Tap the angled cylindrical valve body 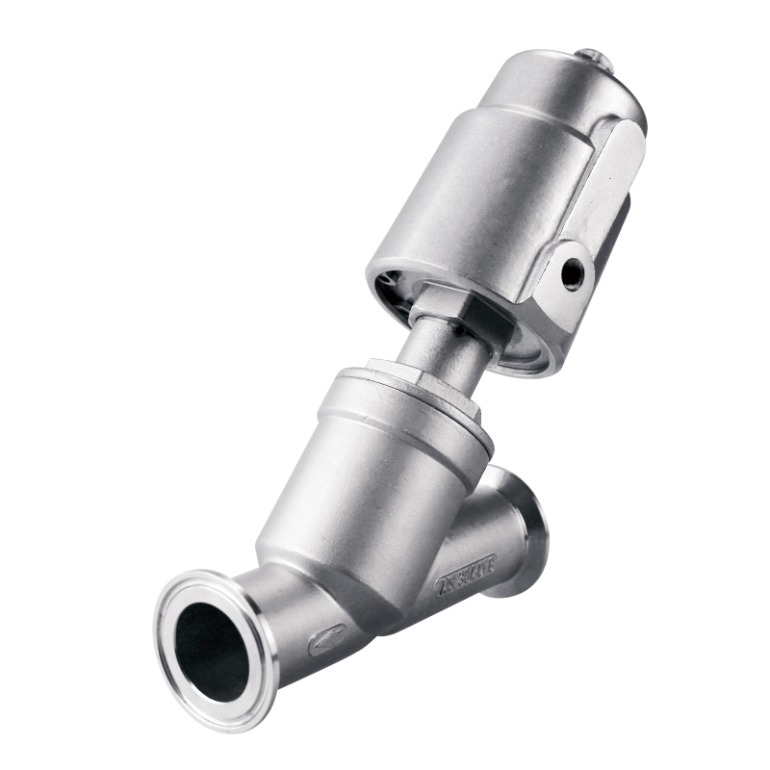[x=366, y=500]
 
